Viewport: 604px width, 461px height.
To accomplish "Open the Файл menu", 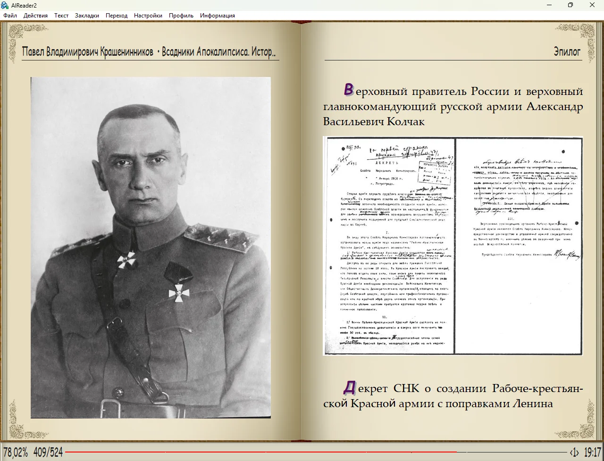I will [x=10, y=16].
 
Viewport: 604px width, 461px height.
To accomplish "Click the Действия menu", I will [x=35, y=16].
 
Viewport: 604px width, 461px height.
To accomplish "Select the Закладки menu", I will [x=87, y=16].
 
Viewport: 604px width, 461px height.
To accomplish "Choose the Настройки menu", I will [x=148, y=16].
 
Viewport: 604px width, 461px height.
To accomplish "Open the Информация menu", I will [x=217, y=16].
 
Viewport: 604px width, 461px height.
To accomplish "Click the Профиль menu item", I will [x=181, y=16].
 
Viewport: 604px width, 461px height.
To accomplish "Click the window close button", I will [x=592, y=5].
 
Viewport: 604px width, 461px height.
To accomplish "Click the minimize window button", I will [x=550, y=5].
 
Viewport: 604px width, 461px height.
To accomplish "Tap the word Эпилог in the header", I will [x=567, y=51].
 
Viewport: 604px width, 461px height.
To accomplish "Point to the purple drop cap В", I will [x=349, y=89].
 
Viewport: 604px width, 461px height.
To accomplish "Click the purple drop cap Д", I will [x=349, y=387].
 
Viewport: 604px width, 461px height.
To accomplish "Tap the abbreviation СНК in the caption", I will [x=406, y=389].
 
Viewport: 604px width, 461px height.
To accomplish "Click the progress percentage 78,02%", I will [x=16, y=452].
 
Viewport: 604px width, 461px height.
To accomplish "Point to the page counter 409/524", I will [x=48, y=452].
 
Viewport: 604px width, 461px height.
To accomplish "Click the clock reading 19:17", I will [x=592, y=452].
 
